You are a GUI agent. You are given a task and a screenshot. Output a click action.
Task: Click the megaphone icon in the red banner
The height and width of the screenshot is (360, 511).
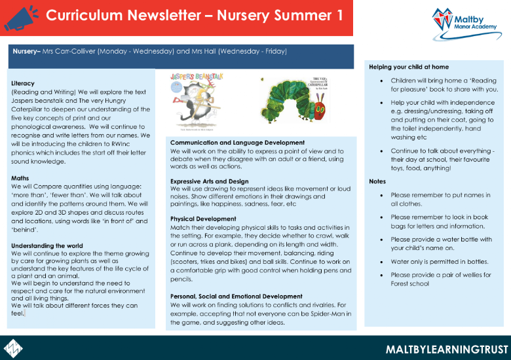pyautogui.click(x=20, y=17)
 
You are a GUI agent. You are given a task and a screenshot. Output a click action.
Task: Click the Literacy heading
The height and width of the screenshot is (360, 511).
pyautogui.click(x=23, y=83)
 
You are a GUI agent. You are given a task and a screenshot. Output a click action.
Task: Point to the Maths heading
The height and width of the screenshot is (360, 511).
pyautogui.click(x=20, y=177)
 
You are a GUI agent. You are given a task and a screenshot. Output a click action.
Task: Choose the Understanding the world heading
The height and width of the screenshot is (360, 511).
pyautogui.click(x=46, y=246)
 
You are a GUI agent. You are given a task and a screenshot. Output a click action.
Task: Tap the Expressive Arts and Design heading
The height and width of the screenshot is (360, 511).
pyautogui.click(x=209, y=181)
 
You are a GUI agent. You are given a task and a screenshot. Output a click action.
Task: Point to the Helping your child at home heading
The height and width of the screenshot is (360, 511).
pyautogui.click(x=408, y=66)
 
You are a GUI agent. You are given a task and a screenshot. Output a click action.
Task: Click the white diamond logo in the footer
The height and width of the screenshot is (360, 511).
pyautogui.click(x=14, y=346)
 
